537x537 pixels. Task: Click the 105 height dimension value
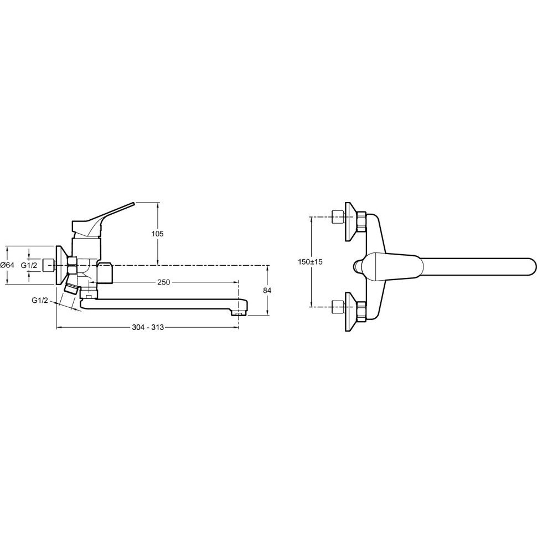coord(158,234)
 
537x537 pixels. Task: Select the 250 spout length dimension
coord(164,282)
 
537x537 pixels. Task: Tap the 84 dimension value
coord(267,291)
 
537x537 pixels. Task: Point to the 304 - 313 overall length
coord(148,327)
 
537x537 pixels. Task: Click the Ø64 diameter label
coord(8,265)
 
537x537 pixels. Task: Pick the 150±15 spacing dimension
coord(310,262)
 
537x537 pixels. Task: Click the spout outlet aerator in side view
coord(239,313)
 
